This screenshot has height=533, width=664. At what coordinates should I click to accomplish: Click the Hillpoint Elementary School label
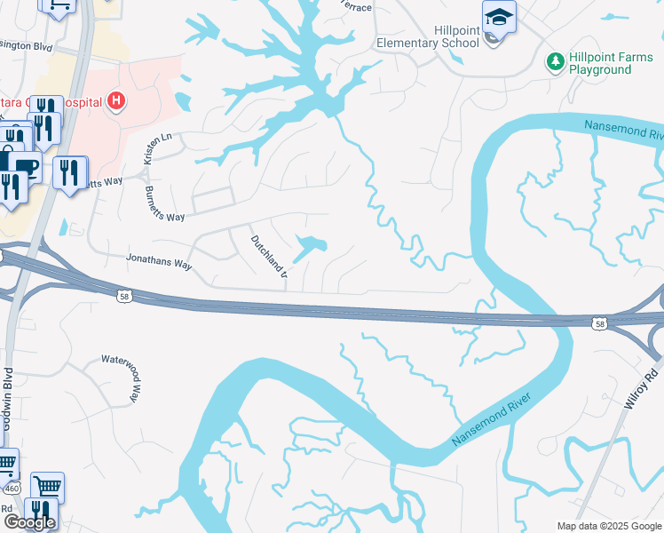428,36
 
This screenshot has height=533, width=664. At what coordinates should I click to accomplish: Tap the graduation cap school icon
499,18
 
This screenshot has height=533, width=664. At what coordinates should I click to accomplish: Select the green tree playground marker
556,61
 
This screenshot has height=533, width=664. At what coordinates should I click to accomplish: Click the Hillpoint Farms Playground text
612,63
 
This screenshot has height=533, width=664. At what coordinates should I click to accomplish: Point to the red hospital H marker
115,102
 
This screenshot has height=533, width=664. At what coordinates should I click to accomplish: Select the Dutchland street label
268,254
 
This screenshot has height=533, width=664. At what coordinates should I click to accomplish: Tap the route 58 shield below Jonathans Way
123,296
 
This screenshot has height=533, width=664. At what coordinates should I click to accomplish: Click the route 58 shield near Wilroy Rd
601,323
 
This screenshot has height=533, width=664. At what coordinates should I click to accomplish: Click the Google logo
29,522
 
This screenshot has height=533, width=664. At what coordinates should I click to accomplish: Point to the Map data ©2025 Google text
609,526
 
